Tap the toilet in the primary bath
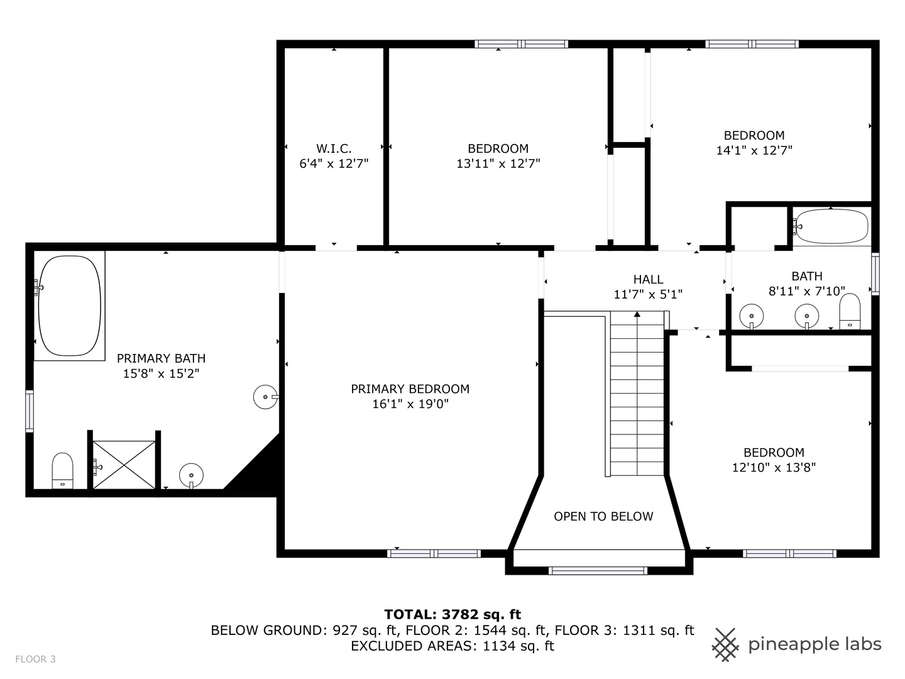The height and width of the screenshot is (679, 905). pos(62,470)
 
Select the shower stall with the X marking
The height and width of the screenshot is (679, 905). pos(124,464)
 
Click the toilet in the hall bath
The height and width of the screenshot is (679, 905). pos(850,311)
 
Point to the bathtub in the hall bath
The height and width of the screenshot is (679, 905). pos(831,226)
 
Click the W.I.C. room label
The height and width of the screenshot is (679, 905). pos(334,148)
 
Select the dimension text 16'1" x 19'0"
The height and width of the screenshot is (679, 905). pos(410,404)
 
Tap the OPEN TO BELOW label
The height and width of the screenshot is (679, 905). pos(603,516)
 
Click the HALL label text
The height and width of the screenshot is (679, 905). pos(648,279)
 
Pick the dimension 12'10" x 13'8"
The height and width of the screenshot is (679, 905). pos(774,468)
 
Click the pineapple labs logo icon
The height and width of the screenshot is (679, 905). pos(725,644)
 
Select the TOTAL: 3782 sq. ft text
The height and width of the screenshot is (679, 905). pos(452,614)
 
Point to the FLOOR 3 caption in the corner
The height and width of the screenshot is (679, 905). pos(35,659)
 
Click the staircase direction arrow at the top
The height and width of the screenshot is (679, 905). pos(637,314)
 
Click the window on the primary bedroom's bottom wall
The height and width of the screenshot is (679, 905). pos(434,553)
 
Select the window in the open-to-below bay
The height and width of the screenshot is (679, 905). pos(598,571)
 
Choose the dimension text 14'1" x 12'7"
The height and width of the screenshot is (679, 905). pos(754,151)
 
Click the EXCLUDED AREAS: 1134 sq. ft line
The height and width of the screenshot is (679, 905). pos(452,646)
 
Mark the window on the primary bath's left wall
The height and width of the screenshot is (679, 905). pos(29,411)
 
